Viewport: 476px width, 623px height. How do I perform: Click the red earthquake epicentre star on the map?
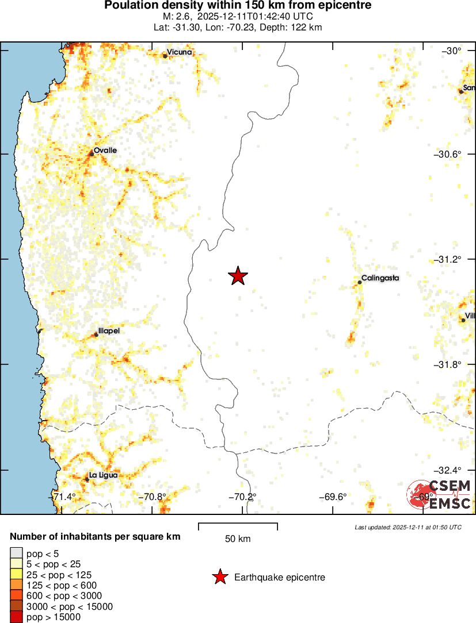pyautogui.click(x=238, y=276)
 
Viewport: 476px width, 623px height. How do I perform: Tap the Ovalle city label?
pyautogui.click(x=105, y=150)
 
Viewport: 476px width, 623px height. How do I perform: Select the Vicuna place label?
pyautogui.click(x=180, y=52)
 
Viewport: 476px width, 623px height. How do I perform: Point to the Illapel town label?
pyautogui.click(x=109, y=331)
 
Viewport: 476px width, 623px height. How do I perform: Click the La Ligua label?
pyautogui.click(x=104, y=475)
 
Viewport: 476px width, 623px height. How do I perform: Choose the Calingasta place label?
pyautogui.click(x=380, y=278)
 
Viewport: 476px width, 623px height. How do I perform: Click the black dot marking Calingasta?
pyautogui.click(x=360, y=282)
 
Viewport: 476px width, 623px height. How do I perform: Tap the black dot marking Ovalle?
pyautogui.click(x=92, y=154)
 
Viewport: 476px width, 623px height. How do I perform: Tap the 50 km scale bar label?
pyautogui.click(x=238, y=539)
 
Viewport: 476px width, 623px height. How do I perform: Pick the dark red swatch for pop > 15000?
pyautogui.click(x=16, y=617)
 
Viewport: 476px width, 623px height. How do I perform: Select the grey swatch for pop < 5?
pyautogui.click(x=16, y=554)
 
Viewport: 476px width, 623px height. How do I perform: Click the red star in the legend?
pyautogui.click(x=219, y=577)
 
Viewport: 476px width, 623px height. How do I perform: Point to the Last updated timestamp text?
pyautogui.click(x=408, y=527)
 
